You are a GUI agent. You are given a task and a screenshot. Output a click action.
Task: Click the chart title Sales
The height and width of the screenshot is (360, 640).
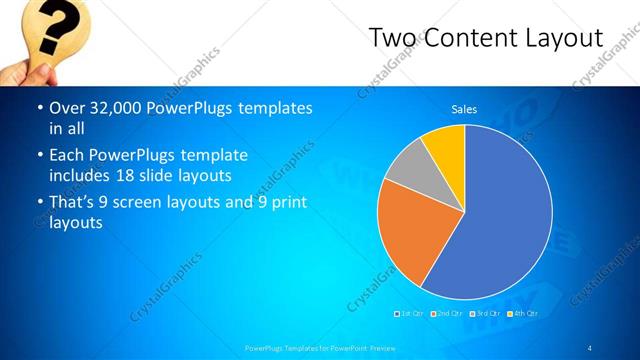[x=464, y=109]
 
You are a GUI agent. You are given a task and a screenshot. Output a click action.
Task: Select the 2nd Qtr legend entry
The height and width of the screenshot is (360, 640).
[x=446, y=314]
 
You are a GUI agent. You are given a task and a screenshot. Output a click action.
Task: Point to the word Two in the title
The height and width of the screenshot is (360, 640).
[x=389, y=38]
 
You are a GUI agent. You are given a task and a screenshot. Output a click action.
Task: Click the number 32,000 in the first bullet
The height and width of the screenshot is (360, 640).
[x=112, y=108]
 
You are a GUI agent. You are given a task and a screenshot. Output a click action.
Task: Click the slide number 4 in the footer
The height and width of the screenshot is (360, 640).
[x=590, y=347]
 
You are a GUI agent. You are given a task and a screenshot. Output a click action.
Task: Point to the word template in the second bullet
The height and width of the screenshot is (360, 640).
[x=212, y=155]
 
